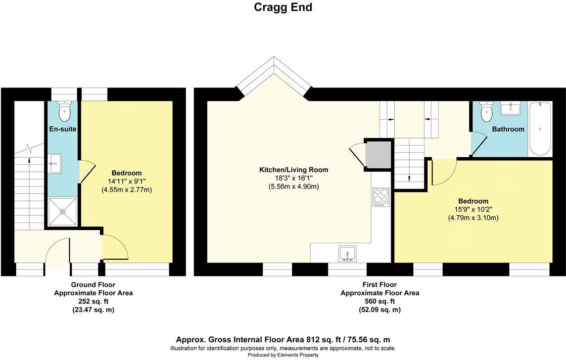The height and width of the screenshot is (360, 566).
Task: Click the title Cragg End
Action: tap(283, 8)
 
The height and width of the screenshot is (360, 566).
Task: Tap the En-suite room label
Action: tap(63, 129)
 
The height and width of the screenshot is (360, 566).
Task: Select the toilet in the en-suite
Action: tap(65, 112)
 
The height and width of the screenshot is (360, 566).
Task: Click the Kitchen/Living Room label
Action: tap(294, 170)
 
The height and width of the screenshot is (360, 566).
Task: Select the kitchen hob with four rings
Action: tap(381, 197)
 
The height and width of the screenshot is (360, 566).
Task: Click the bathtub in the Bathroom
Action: tap(541, 129)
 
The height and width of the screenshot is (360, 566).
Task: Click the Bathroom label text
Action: tap(508, 129)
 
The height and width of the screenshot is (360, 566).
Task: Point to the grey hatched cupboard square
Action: tap(378, 154)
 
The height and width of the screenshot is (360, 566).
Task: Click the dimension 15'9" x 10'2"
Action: tap(473, 209)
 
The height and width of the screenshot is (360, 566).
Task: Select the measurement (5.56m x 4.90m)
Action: tap(294, 187)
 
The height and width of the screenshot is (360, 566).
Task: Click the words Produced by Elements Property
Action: tap(283, 355)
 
